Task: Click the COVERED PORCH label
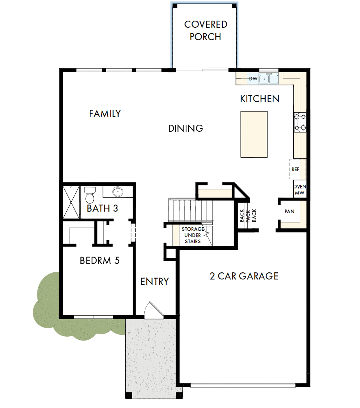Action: [x=206, y=30]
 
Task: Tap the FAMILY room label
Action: [x=105, y=114]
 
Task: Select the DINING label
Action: [x=186, y=128]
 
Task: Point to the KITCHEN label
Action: [x=260, y=99]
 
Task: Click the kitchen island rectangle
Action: [x=254, y=134]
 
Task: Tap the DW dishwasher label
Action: [x=253, y=79]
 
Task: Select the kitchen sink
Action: [x=269, y=79]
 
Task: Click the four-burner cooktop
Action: [x=300, y=122]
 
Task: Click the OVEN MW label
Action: [x=300, y=190]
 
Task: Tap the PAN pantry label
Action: [x=289, y=212]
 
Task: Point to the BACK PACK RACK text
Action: [x=248, y=215]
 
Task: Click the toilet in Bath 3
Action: [x=90, y=194]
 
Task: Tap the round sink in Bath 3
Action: [x=117, y=192]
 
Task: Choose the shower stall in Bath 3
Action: [x=71, y=202]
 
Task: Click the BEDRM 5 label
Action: [x=99, y=260]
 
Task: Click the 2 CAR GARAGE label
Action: [x=244, y=276]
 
